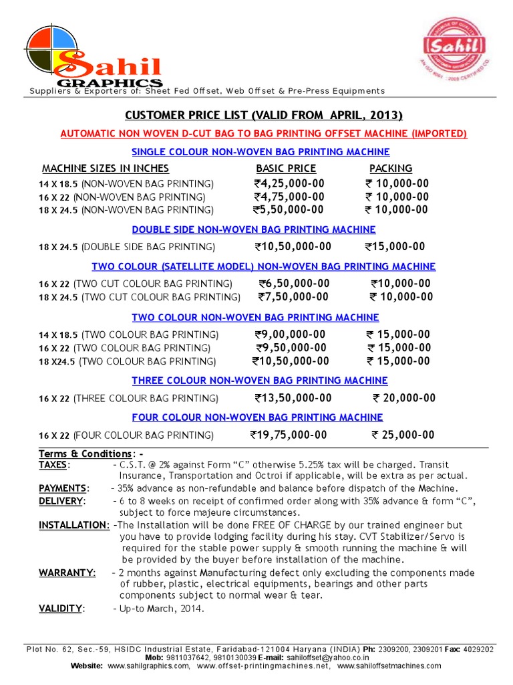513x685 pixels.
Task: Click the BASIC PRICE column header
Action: [286, 169]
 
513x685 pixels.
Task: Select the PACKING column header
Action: [391, 169]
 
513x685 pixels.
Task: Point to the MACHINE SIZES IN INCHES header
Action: [106, 169]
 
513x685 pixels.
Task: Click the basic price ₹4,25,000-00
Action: [289, 184]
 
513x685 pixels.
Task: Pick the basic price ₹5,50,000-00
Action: [289, 210]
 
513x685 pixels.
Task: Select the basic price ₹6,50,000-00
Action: [294, 284]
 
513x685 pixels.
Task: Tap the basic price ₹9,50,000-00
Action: [291, 348]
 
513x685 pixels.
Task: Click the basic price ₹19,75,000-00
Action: [289, 435]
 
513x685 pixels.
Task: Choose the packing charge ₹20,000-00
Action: [403, 399]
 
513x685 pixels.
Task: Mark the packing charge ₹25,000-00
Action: [403, 435]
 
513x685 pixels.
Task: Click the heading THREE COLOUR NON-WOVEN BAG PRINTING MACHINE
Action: [259, 381]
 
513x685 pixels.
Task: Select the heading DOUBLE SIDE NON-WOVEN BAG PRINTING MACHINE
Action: [259, 229]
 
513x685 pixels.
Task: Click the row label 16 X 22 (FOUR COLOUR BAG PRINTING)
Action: [126, 436]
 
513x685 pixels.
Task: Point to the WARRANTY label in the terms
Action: [67, 573]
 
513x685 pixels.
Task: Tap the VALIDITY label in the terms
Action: [61, 609]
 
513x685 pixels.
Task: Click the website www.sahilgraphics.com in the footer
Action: [148, 666]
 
